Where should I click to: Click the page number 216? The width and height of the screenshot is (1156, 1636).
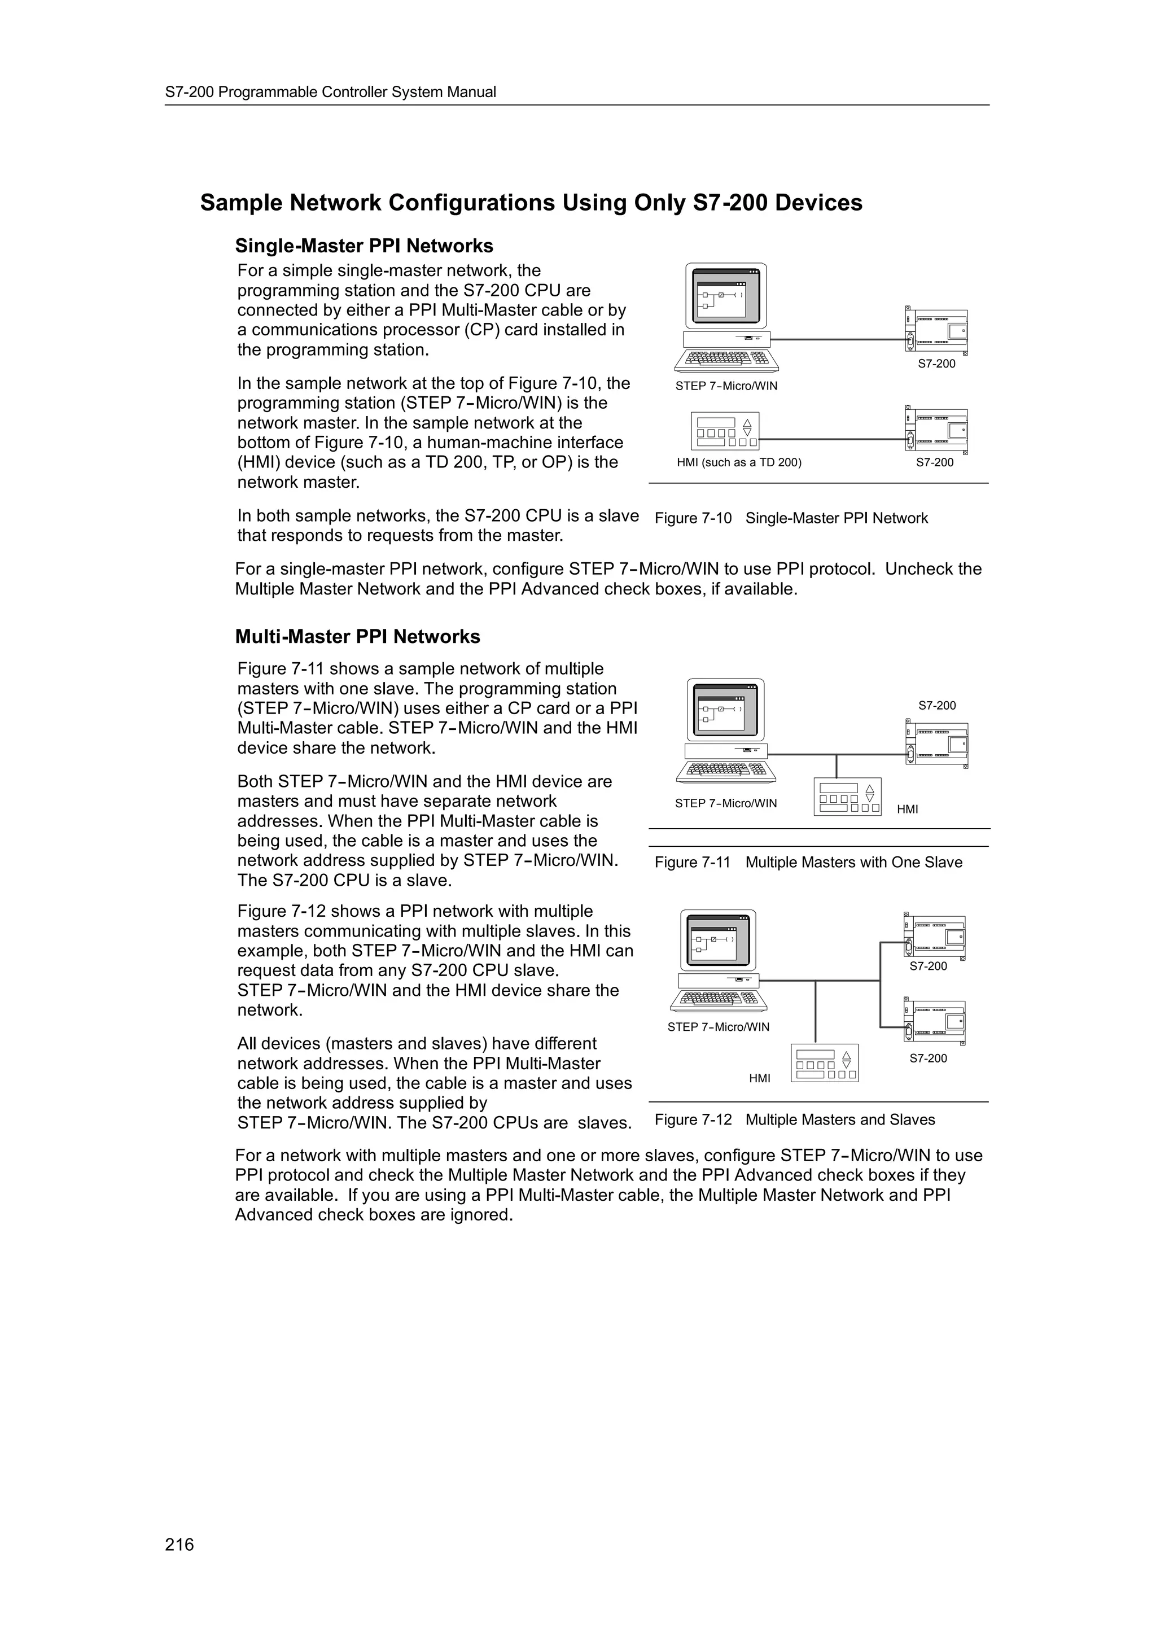pyautogui.click(x=179, y=1545)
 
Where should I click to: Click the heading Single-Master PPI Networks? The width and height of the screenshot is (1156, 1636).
pyautogui.click(x=364, y=246)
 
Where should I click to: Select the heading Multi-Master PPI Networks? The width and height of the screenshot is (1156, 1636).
pyautogui.click(x=357, y=636)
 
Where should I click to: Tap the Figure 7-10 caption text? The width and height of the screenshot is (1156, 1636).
pyautogui.click(x=791, y=518)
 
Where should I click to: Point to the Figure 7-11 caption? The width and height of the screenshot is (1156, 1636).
pyautogui.click(x=808, y=862)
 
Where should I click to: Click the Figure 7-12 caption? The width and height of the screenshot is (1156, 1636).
pyautogui.click(x=794, y=1119)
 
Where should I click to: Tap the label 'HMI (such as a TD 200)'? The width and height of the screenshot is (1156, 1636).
pyautogui.click(x=739, y=462)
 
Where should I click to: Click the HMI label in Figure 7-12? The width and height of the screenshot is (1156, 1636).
pyautogui.click(x=759, y=1079)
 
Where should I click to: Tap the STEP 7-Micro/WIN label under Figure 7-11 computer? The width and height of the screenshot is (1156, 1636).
pyautogui.click(x=726, y=803)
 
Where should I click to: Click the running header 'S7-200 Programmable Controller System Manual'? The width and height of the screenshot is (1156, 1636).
pyautogui.click(x=331, y=92)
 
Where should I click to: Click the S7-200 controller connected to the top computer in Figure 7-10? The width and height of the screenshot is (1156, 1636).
pyautogui.click(x=936, y=331)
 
